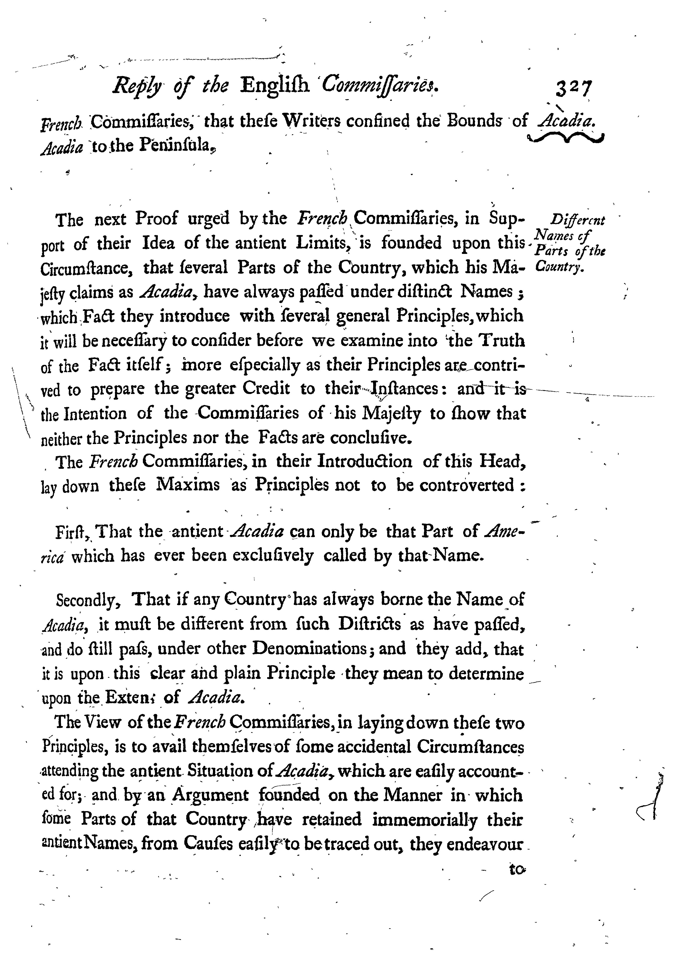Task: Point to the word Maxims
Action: click(x=188, y=486)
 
